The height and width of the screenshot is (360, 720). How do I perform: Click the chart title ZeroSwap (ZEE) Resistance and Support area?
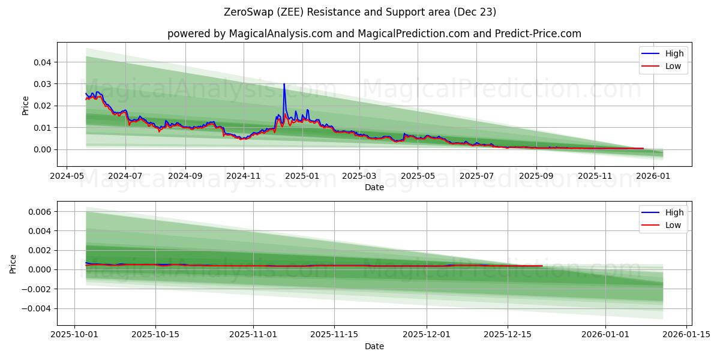click(359, 12)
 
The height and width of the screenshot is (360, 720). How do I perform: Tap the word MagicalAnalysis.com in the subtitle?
click(280, 34)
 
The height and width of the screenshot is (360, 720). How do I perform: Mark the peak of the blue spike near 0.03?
click(284, 84)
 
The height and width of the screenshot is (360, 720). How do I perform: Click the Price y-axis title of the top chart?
click(25, 106)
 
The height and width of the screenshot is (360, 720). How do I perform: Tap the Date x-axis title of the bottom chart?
click(374, 346)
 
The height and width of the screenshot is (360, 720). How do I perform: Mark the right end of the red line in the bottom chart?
click(542, 266)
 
